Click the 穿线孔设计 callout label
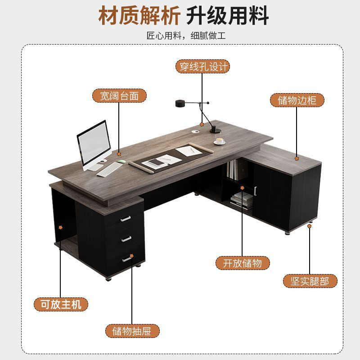tap(202, 67)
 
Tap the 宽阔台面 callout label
tap(119, 96)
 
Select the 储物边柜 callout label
tap(297, 100)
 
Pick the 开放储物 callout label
tap(243, 263)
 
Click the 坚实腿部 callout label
tap(310, 281)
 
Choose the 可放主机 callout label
tap(61, 305)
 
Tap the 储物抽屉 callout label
tap(132, 331)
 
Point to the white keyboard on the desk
tap(109, 170)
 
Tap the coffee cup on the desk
tap(220, 141)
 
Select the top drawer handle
tap(126, 219)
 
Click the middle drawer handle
tap(126, 239)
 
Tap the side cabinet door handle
tap(255, 191)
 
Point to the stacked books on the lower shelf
tap(242, 200)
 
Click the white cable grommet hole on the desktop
tap(196, 132)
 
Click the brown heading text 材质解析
tap(139, 16)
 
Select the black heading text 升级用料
tap(227, 16)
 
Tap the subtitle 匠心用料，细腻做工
tap(186, 36)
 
